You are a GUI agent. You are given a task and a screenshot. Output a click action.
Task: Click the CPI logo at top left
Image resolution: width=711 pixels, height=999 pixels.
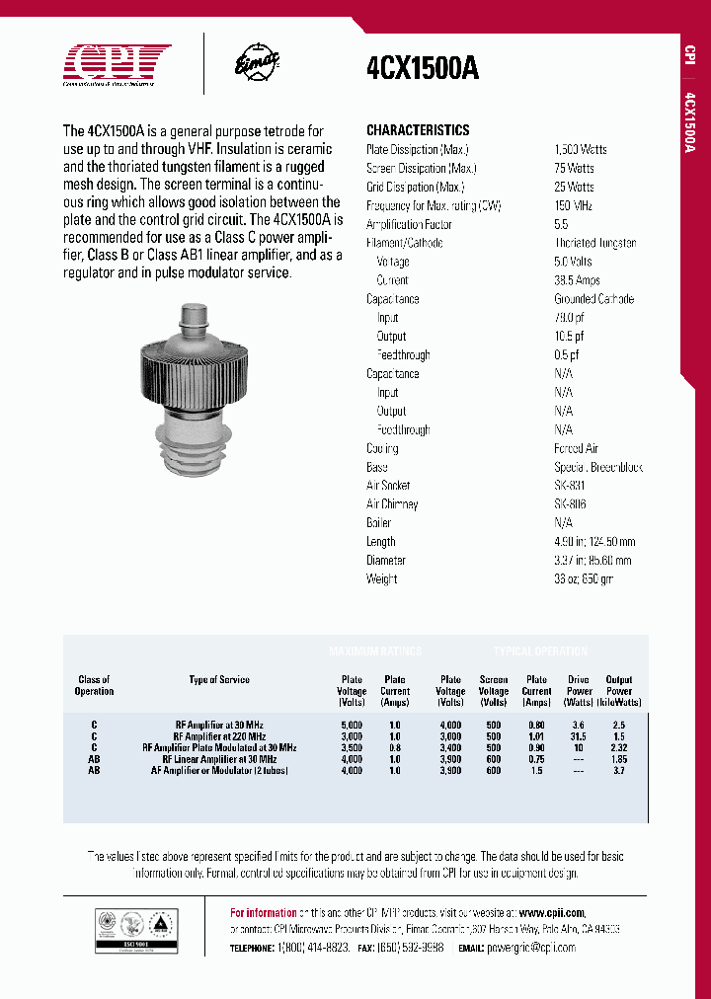coord(117,65)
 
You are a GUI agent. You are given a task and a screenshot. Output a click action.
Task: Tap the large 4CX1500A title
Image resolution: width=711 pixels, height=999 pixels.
coord(422,68)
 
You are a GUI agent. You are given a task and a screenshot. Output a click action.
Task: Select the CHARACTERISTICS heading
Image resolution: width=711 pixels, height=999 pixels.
coord(418,130)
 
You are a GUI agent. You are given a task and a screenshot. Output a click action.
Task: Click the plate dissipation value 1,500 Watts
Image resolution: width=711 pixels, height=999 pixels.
coord(581,149)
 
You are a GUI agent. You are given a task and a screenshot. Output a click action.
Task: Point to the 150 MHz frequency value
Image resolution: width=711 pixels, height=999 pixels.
coord(573,205)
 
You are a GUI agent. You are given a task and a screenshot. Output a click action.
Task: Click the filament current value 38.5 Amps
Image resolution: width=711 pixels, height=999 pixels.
coord(577,280)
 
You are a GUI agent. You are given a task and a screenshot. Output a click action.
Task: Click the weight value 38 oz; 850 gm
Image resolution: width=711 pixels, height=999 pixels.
coord(584,579)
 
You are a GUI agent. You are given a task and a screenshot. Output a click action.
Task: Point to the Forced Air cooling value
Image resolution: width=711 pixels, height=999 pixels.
coord(576,448)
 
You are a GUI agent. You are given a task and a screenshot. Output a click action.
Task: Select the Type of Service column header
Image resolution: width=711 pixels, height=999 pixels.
coord(219,680)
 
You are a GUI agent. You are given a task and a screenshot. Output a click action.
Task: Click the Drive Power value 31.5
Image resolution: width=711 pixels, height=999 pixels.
coord(579,736)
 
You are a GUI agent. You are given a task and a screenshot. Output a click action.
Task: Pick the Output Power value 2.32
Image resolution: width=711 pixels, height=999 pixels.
coord(619,748)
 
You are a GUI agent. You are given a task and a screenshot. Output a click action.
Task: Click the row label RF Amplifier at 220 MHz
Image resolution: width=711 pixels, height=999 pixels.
coord(219,736)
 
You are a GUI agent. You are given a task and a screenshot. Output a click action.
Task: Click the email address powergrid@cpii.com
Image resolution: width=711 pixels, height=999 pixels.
coord(537,948)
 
